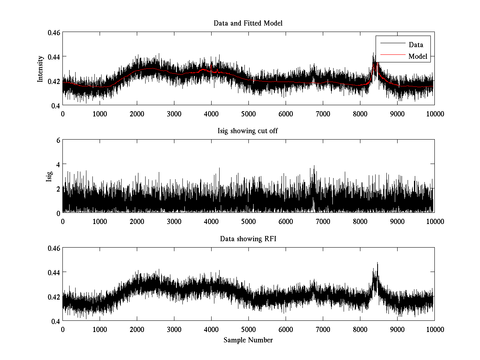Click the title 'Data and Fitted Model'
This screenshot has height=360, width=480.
pos(248,23)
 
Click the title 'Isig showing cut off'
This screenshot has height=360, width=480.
pos(248,131)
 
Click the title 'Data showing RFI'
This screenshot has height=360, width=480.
pos(248,239)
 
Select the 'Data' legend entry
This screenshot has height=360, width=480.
pos(416,45)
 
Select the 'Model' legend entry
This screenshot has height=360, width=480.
pos(418,56)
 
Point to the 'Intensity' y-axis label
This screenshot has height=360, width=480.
pos(40,69)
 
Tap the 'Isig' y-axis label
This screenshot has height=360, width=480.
pos(49,176)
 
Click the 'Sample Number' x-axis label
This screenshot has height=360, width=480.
pos(248,340)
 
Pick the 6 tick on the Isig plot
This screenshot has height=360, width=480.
pos(58,140)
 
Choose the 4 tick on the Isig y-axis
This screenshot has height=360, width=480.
pos(58,164)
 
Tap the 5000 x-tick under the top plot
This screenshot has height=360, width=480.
pos(248,114)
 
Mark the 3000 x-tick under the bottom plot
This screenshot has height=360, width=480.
pos(174,330)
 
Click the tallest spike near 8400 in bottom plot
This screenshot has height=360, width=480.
pos(377,263)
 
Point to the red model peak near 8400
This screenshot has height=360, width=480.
pos(375,63)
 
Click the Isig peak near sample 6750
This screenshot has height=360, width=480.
pos(314,166)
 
